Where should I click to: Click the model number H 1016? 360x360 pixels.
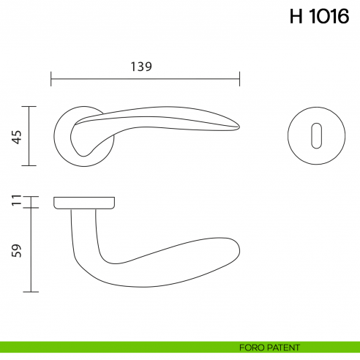pyautogui.click(x=319, y=18)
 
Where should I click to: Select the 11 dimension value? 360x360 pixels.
pyautogui.click(x=15, y=200)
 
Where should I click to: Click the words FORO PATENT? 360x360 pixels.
pyautogui.click(x=270, y=346)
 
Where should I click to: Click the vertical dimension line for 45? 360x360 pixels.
pyautogui.click(x=30, y=136)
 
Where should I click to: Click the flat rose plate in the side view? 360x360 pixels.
pyautogui.click(x=84, y=202)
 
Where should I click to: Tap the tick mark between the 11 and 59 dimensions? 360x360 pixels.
pyautogui.click(x=30, y=208)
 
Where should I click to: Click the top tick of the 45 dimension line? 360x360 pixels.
pyautogui.click(x=30, y=106)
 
